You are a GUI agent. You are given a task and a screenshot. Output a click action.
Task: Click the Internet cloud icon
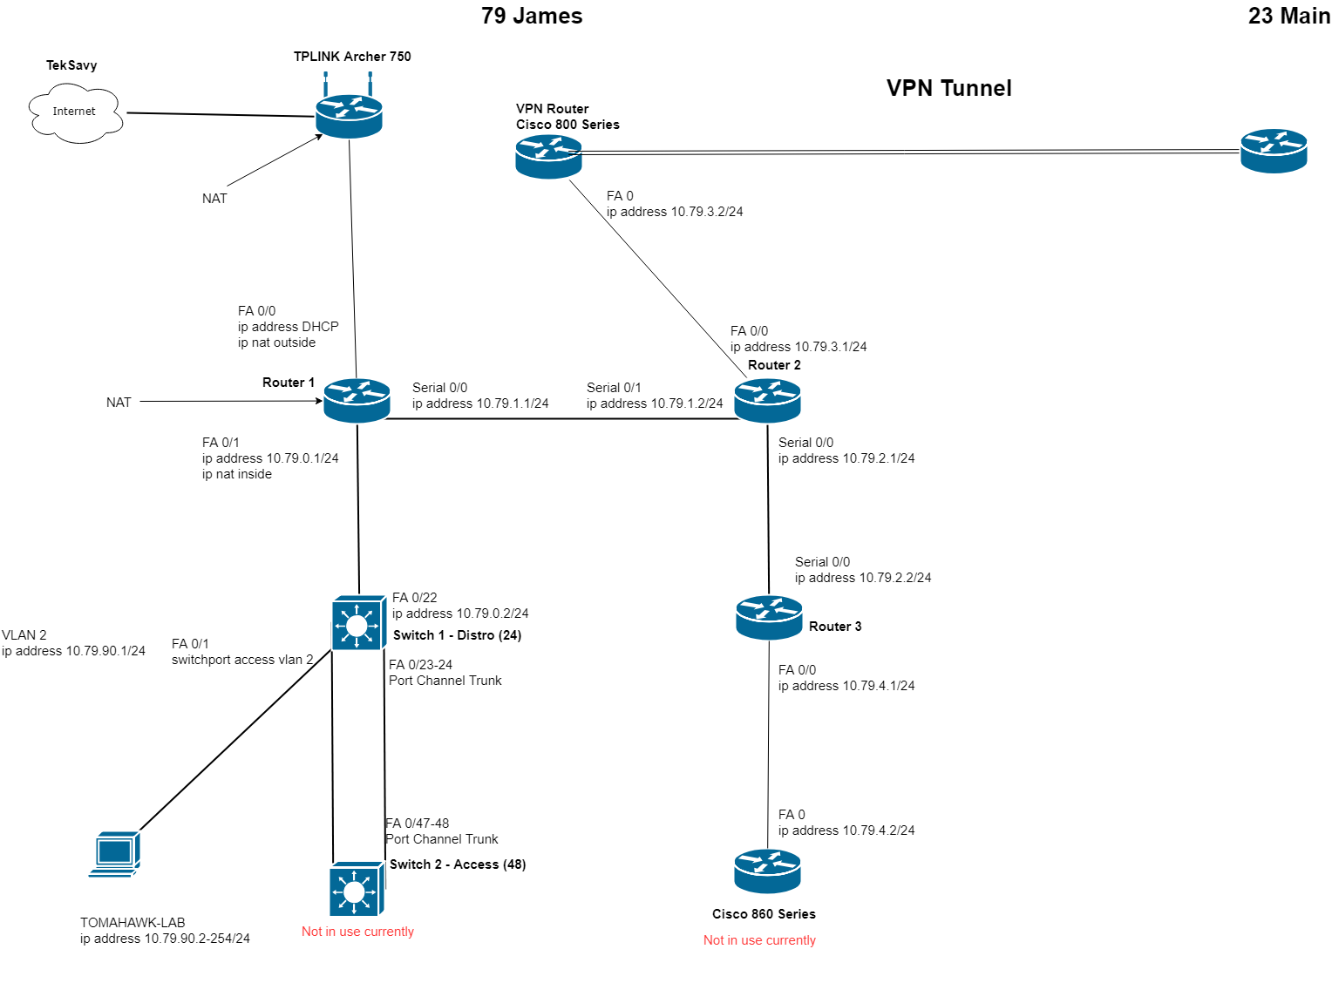(75, 112)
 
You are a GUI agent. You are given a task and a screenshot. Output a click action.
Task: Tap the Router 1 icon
(357, 401)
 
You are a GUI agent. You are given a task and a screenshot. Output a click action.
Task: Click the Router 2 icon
(767, 401)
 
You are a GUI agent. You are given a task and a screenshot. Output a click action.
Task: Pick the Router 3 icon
(769, 617)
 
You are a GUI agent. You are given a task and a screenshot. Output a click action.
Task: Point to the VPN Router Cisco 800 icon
(548, 157)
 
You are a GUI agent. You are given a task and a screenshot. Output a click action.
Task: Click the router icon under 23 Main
(1274, 151)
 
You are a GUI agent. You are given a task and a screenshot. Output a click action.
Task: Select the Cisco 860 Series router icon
(767, 871)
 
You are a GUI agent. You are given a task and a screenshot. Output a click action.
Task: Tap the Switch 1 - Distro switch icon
(357, 623)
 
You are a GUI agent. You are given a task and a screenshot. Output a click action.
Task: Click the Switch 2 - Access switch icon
(356, 890)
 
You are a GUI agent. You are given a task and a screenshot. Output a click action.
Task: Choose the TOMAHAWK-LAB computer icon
(115, 854)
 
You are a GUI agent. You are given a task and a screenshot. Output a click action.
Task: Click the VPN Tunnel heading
(948, 88)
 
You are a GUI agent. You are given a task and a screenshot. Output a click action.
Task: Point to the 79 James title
(532, 16)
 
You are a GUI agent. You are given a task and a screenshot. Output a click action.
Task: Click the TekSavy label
(71, 65)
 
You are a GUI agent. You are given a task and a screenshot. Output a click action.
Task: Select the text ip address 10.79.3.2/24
(675, 212)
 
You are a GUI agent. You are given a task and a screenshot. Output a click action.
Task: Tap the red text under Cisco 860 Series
(759, 940)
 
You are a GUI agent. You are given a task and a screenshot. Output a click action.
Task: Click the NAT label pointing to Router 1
(119, 403)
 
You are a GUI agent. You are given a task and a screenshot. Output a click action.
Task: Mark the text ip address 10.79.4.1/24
(846, 686)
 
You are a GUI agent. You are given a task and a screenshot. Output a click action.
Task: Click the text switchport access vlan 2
(242, 660)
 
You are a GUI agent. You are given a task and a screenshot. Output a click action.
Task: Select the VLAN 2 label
(24, 635)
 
